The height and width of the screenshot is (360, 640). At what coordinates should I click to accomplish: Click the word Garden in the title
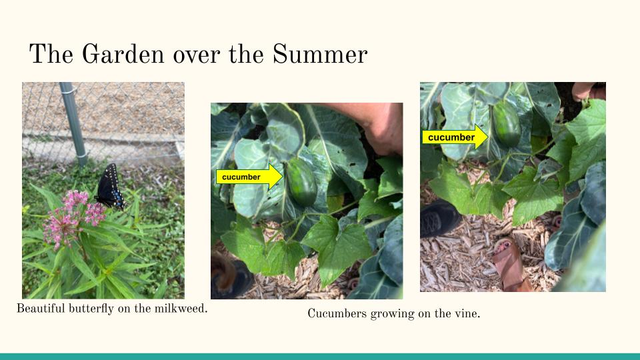(123, 54)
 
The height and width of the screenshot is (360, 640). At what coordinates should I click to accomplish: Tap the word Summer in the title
(320, 54)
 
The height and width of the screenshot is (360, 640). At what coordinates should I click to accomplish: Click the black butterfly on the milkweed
(109, 187)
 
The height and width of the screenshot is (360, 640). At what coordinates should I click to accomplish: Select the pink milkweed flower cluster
(74, 216)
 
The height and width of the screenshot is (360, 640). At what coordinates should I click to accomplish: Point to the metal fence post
(73, 124)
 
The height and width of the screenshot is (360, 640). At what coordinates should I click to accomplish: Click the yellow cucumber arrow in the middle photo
(249, 177)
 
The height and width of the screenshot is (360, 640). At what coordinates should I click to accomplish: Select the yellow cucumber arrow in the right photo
(455, 137)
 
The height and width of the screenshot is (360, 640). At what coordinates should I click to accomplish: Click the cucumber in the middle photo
(301, 181)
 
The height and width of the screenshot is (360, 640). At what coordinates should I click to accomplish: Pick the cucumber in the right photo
(506, 125)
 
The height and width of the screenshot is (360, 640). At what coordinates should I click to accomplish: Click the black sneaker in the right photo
(440, 217)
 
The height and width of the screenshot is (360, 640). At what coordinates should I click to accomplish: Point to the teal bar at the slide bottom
(320, 357)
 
